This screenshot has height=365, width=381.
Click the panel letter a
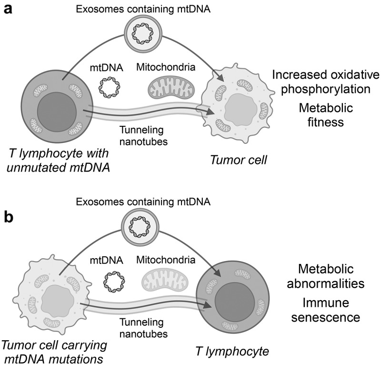[x=8, y=10]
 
